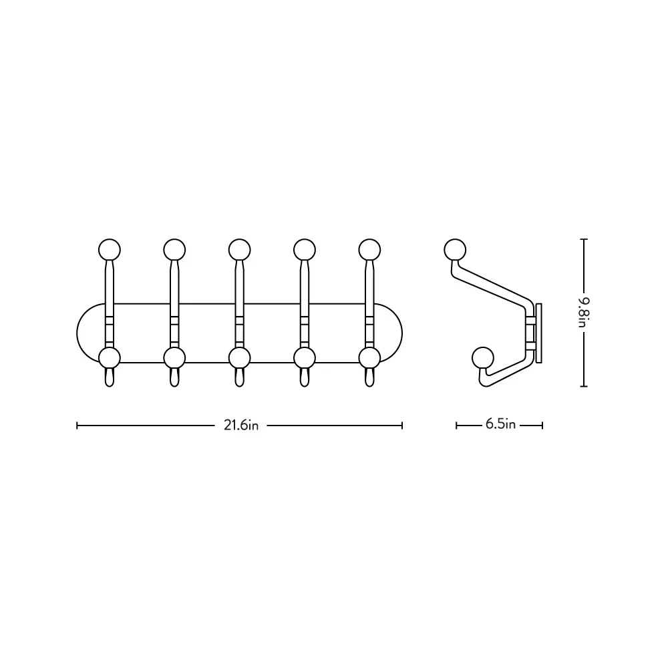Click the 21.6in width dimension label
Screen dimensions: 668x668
point(241,425)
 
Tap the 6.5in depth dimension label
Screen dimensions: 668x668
point(500,424)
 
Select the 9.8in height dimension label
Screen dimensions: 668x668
point(583,312)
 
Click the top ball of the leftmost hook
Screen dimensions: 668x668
point(110,250)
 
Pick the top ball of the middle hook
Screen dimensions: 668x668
point(239,250)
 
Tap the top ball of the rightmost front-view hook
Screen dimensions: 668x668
point(369,250)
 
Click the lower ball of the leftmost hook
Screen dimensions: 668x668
point(110,358)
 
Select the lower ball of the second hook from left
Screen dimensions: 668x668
point(174,358)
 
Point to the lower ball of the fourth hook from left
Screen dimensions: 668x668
point(304,358)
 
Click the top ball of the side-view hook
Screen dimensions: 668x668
point(455,250)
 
